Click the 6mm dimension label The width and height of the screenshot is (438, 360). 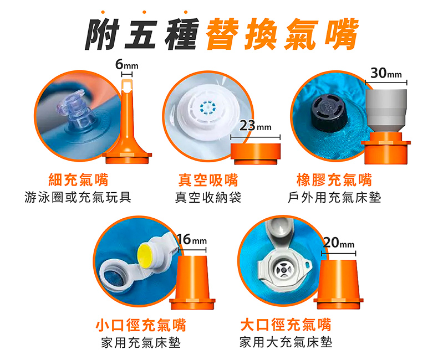pos(127,65)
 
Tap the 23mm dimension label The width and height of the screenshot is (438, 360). pos(255,126)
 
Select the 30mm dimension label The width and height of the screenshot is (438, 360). pos(386,73)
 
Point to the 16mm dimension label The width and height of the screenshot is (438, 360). pos(192,239)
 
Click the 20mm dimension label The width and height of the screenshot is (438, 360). pos(339,243)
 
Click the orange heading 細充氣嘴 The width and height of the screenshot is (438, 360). pos(79,179)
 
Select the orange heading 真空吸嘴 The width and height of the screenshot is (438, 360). pos(208,179)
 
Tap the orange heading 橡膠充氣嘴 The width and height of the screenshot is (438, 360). pos(334,179)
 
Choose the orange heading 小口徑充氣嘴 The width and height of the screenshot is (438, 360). pos(141,325)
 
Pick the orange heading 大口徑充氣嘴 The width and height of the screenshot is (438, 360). pos(286,325)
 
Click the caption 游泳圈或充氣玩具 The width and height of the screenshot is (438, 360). pos(78,197)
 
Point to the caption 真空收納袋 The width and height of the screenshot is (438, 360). pos(208,197)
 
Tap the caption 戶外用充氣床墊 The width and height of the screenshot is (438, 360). pos(334,197)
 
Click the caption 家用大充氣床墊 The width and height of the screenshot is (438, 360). pos(286,342)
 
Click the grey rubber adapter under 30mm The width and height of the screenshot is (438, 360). pos(386,111)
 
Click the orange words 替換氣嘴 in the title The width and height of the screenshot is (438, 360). pos(282,34)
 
